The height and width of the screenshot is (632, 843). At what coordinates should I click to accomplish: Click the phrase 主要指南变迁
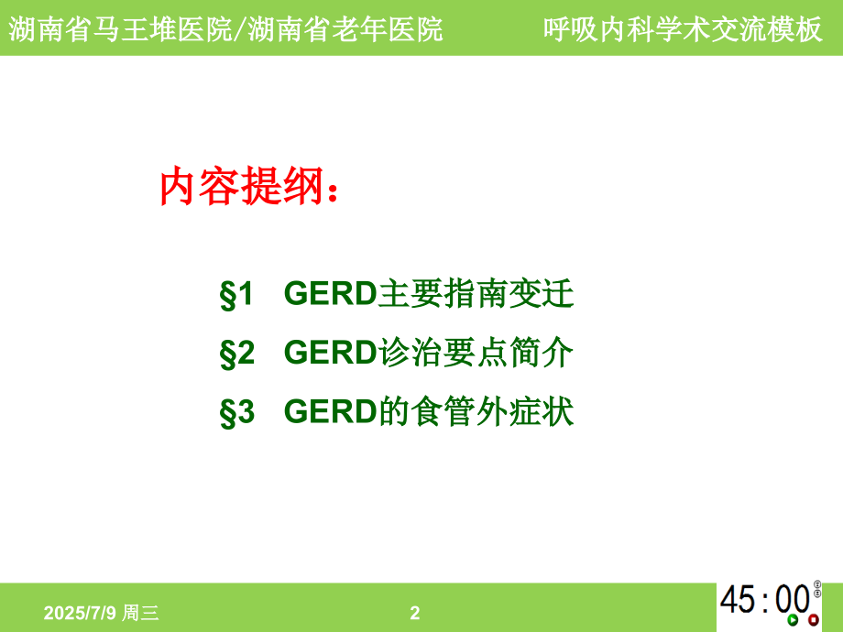(x=476, y=295)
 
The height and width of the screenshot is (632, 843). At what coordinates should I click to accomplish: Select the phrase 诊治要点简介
(x=476, y=354)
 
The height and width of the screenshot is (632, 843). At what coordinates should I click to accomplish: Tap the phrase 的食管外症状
(x=476, y=412)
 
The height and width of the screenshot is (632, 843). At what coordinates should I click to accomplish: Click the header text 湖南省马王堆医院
(x=116, y=29)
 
